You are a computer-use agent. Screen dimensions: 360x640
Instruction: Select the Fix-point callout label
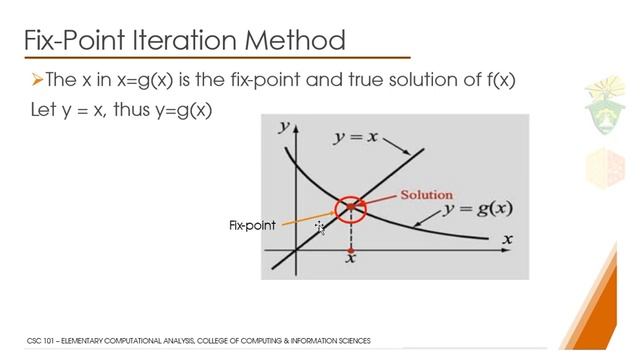tap(252, 226)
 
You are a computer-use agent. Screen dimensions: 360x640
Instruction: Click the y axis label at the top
tap(285, 127)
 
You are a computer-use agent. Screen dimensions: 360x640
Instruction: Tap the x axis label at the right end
tap(507, 239)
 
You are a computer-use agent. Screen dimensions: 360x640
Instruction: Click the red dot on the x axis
tap(351, 248)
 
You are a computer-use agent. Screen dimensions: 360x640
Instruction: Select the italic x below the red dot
tap(351, 261)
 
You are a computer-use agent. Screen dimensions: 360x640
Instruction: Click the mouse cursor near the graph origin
tap(320, 229)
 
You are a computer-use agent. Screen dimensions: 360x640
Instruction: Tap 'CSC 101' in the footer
tap(39, 341)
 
